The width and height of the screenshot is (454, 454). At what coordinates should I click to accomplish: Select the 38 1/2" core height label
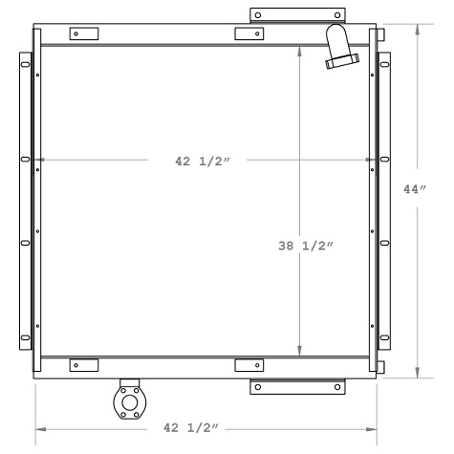pos(304,246)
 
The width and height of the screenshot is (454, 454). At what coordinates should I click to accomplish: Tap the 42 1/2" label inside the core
pos(204,161)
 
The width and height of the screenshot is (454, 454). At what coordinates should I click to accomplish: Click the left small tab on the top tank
pos(84,34)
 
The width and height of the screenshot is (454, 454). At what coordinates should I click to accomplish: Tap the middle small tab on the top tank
pos(249,34)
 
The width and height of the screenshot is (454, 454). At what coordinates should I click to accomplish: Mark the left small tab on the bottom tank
pos(84,364)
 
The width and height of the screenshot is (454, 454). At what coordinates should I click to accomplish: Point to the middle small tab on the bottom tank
pos(249,364)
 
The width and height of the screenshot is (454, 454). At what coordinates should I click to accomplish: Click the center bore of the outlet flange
pos(129,403)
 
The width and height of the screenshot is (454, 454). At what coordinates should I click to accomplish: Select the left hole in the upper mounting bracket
pos(258,14)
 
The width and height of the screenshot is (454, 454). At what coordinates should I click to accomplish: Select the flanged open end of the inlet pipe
pos(341,63)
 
